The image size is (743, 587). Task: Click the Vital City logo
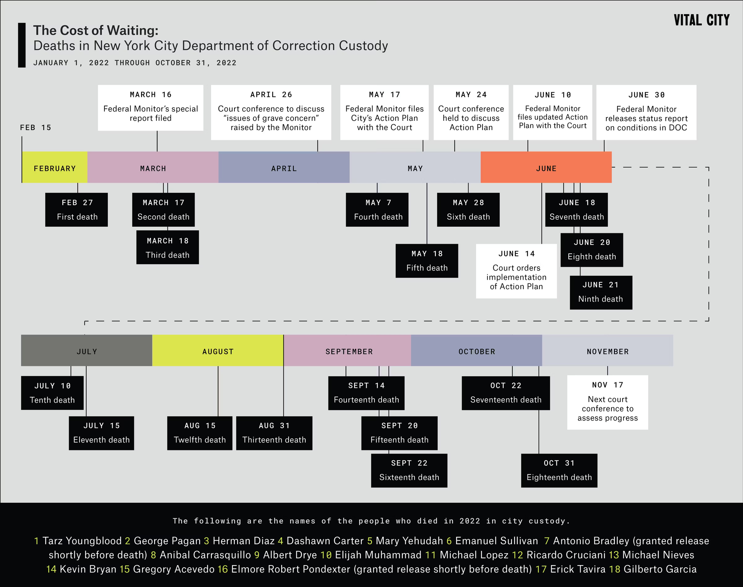(x=701, y=20)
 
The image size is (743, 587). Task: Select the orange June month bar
(x=546, y=168)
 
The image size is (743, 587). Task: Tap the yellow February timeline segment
(x=55, y=168)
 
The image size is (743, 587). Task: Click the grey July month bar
(x=87, y=351)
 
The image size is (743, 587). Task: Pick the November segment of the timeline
(x=607, y=351)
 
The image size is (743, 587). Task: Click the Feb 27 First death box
(x=77, y=210)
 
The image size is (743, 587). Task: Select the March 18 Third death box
(x=168, y=247)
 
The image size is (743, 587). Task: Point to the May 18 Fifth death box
(x=427, y=261)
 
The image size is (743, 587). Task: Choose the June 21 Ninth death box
(x=601, y=292)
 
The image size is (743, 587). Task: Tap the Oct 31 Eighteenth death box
(x=559, y=470)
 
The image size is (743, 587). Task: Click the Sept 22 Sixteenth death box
(x=409, y=470)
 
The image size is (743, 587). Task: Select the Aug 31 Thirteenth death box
(x=274, y=433)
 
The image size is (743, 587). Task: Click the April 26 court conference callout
(x=271, y=112)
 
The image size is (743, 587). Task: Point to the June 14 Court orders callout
(x=516, y=271)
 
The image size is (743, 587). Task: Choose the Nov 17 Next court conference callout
(x=607, y=402)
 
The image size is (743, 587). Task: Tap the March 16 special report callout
(x=150, y=108)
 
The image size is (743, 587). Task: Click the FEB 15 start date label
(x=36, y=127)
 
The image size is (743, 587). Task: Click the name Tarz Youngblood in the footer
(x=82, y=541)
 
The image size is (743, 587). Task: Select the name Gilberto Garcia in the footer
(x=660, y=569)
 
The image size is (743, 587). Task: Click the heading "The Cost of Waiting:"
(x=96, y=30)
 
